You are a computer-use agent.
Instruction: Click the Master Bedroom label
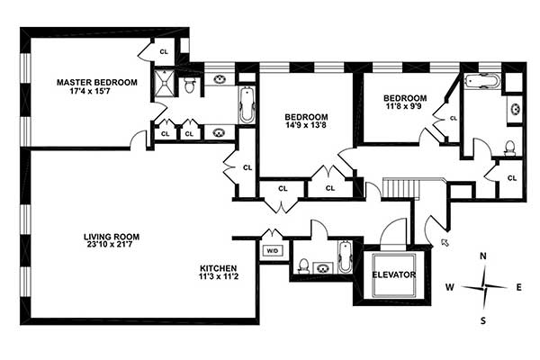click(96, 82)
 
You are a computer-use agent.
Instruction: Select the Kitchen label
click(218, 268)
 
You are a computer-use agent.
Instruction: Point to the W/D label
click(271, 251)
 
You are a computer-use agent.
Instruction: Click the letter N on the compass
click(483, 256)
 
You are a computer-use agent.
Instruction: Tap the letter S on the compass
click(483, 319)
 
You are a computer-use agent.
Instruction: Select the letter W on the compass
click(448, 288)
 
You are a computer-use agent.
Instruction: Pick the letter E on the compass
click(518, 288)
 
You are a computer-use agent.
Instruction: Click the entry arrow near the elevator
click(444, 241)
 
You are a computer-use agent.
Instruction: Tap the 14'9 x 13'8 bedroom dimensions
click(306, 127)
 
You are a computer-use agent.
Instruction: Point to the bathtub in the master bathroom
click(247, 106)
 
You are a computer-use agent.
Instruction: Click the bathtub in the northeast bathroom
click(481, 81)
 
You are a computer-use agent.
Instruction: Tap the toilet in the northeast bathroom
click(509, 147)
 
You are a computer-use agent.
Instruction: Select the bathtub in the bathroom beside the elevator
click(346, 256)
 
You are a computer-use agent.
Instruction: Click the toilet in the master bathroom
click(189, 85)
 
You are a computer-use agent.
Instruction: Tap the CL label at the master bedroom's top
click(164, 51)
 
